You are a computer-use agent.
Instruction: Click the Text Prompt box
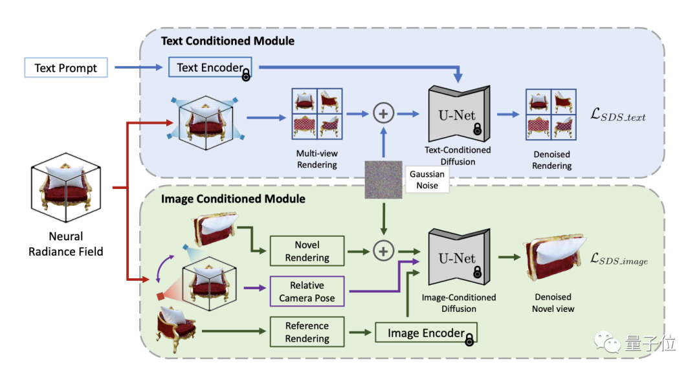tap(66, 67)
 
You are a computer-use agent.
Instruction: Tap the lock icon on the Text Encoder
tap(247, 74)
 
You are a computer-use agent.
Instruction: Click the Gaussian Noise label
tap(427, 179)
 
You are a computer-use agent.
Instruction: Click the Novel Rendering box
tap(307, 251)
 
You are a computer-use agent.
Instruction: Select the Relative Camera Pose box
tap(307, 291)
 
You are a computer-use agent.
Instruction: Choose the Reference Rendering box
tap(307, 332)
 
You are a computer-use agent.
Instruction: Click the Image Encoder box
tap(425, 333)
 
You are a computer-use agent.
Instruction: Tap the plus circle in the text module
tap(383, 114)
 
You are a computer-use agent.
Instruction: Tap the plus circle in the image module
tap(383, 251)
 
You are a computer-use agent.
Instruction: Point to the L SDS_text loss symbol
tap(618, 116)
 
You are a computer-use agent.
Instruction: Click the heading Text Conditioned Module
tap(227, 41)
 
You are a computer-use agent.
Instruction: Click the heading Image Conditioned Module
tap(233, 199)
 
